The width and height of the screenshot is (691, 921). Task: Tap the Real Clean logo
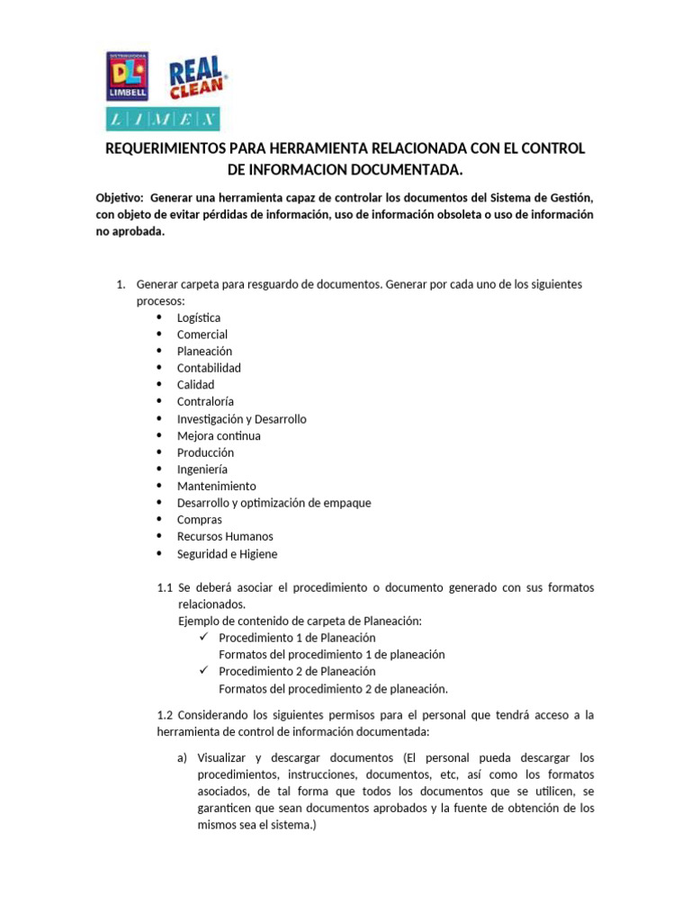pyautogui.click(x=198, y=78)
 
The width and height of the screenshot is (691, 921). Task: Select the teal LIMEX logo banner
pyautogui.click(x=163, y=119)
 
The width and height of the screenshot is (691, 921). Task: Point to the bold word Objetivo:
pyautogui.click(x=120, y=198)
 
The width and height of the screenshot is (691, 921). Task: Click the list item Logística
pyautogui.click(x=198, y=317)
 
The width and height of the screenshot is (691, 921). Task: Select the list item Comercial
pyautogui.click(x=202, y=335)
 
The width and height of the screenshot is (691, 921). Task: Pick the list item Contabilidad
pyautogui.click(x=209, y=368)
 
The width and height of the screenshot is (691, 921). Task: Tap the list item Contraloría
pyautogui.click(x=205, y=402)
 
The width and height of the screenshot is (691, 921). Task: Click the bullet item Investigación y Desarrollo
pyautogui.click(x=241, y=419)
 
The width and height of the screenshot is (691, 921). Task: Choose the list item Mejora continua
pyautogui.click(x=219, y=435)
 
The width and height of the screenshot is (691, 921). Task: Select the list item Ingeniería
pyautogui.click(x=202, y=469)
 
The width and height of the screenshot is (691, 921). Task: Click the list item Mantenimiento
pyautogui.click(x=216, y=486)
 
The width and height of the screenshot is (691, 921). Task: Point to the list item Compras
pyautogui.click(x=199, y=520)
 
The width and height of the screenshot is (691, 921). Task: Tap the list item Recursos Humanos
pyautogui.click(x=225, y=536)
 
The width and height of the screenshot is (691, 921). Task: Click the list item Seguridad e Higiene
pyautogui.click(x=227, y=553)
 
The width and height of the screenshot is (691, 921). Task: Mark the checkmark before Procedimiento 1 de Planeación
pyautogui.click(x=203, y=637)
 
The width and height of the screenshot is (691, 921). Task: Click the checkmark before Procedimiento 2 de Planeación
pyautogui.click(x=203, y=671)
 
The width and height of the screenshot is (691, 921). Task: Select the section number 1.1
pyautogui.click(x=165, y=587)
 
